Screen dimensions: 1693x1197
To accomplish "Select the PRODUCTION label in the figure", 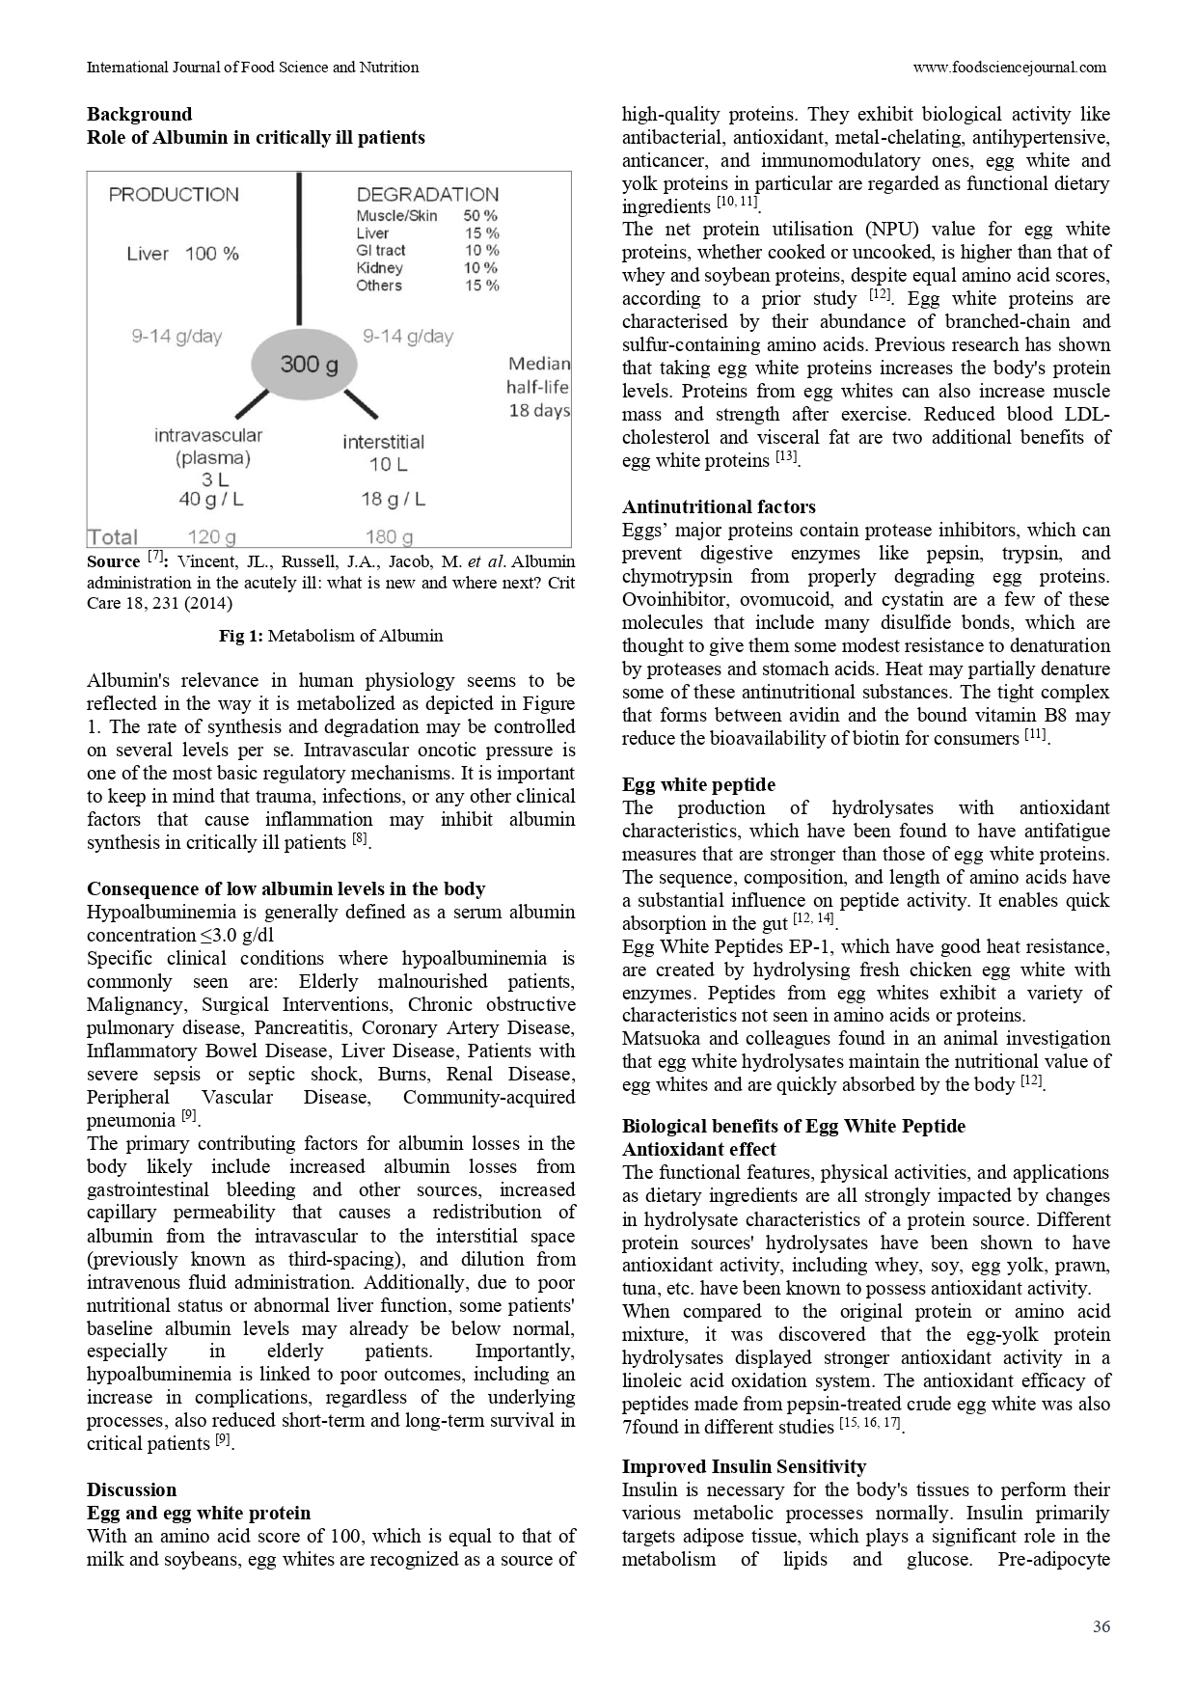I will [x=174, y=195].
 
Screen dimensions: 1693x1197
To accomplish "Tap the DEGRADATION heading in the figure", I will [x=427, y=195].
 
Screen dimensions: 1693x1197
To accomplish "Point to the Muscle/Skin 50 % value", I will [x=480, y=216].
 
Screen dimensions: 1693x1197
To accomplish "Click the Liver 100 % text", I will [x=183, y=254].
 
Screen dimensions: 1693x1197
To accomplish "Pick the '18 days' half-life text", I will [x=539, y=411].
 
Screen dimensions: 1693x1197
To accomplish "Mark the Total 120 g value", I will [x=211, y=537].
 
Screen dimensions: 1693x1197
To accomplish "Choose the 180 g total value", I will [x=389, y=537].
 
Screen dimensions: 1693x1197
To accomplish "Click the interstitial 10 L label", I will [x=383, y=453].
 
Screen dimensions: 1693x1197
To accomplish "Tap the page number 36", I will [x=1101, y=1626].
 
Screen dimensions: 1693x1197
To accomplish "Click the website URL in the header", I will [x=1009, y=68].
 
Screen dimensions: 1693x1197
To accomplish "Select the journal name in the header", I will [x=253, y=68].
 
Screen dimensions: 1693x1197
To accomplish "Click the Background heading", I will [x=139, y=114].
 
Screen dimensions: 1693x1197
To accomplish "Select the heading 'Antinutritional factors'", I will [x=719, y=506].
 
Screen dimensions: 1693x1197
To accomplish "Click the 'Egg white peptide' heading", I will [x=698, y=784].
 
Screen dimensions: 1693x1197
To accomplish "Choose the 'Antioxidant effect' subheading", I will [x=698, y=1149].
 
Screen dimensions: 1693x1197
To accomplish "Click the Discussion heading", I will [x=131, y=1489].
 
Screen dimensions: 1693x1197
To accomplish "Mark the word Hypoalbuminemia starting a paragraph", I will [x=151, y=912].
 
